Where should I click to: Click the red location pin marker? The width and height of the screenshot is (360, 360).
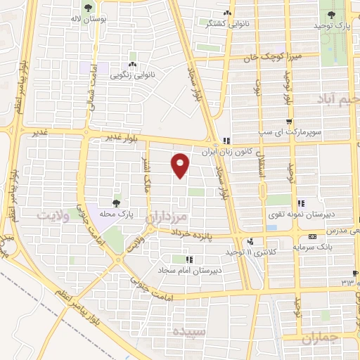click(x=181, y=165)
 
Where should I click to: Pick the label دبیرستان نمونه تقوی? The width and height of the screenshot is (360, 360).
click(x=303, y=214)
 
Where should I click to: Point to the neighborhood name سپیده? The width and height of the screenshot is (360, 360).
click(x=186, y=330)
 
